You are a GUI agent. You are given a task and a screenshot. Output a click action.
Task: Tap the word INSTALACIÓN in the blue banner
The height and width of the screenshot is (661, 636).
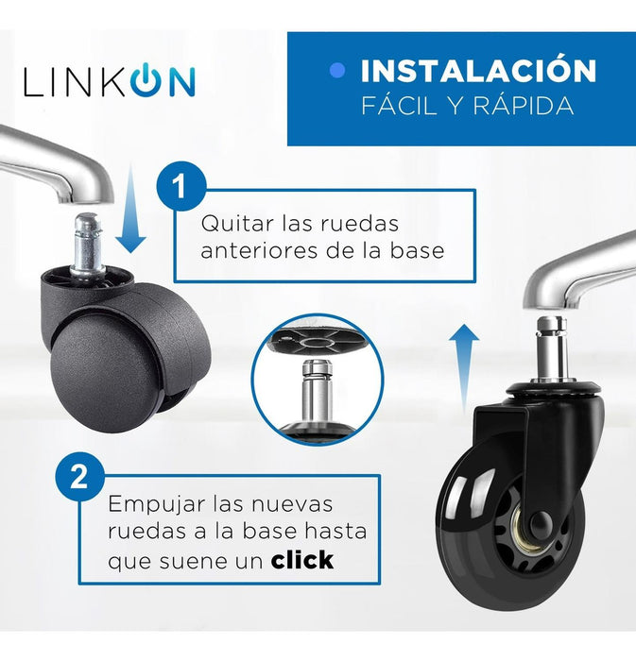478,71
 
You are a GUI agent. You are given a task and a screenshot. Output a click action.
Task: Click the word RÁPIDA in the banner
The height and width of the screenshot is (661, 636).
524,105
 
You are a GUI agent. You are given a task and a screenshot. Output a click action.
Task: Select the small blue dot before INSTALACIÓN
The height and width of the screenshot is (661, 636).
337,71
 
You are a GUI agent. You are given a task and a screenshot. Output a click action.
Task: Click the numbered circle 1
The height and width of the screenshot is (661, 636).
180,186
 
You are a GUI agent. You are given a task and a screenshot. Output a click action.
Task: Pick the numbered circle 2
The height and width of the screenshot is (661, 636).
79,477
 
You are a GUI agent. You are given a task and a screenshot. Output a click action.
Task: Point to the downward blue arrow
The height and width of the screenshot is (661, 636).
130,210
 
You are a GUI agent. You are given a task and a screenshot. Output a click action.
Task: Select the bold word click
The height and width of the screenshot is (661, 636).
302,559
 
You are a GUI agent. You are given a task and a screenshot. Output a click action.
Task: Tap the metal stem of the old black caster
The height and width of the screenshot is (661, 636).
88,244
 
